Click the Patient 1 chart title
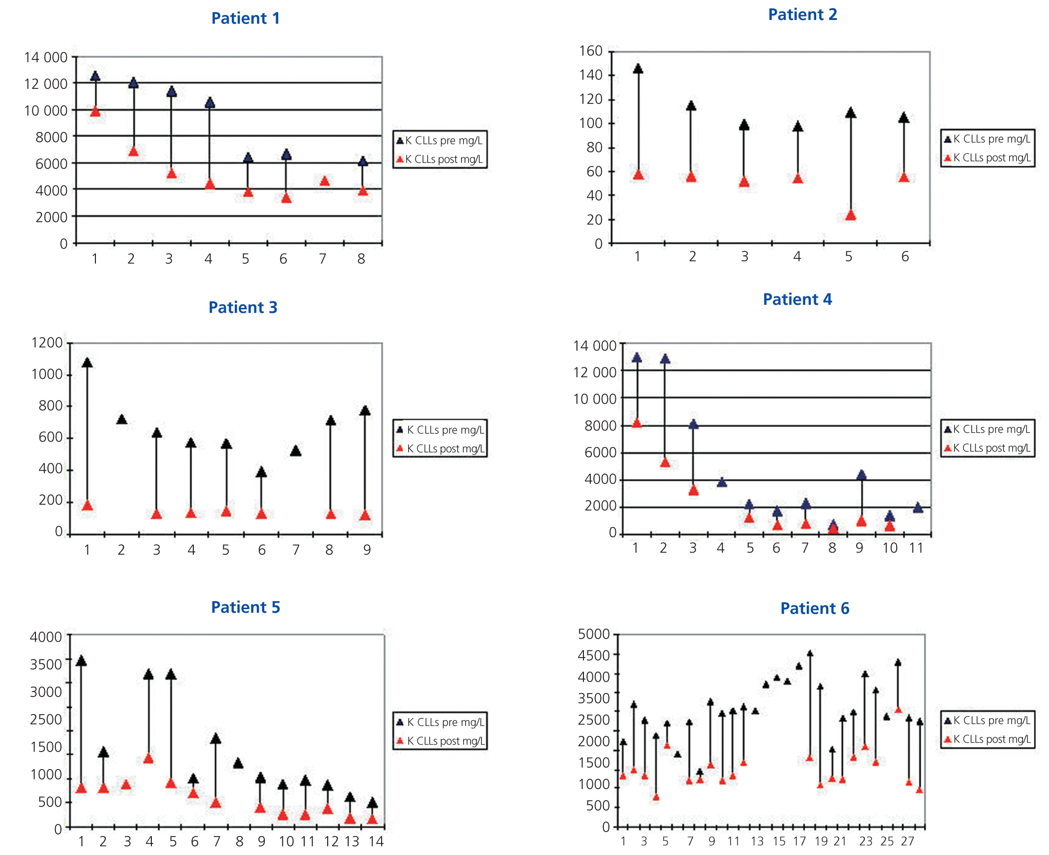(245, 18)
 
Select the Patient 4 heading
(797, 299)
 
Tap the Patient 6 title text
(815, 608)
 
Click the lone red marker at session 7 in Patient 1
(325, 181)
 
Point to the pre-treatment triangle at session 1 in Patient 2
(638, 69)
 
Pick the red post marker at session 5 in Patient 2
(851, 215)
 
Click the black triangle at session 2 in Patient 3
(121, 419)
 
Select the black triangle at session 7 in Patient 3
(296, 451)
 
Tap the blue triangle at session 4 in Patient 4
(722, 482)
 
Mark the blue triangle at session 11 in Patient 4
(918, 508)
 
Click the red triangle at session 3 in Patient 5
(126, 785)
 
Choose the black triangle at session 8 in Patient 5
(238, 763)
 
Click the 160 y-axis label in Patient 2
(591, 51)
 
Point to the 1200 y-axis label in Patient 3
(47, 343)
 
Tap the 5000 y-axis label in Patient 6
(594, 634)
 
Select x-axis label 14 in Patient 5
(376, 842)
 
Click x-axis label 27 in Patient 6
(908, 842)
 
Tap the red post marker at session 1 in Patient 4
(637, 423)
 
